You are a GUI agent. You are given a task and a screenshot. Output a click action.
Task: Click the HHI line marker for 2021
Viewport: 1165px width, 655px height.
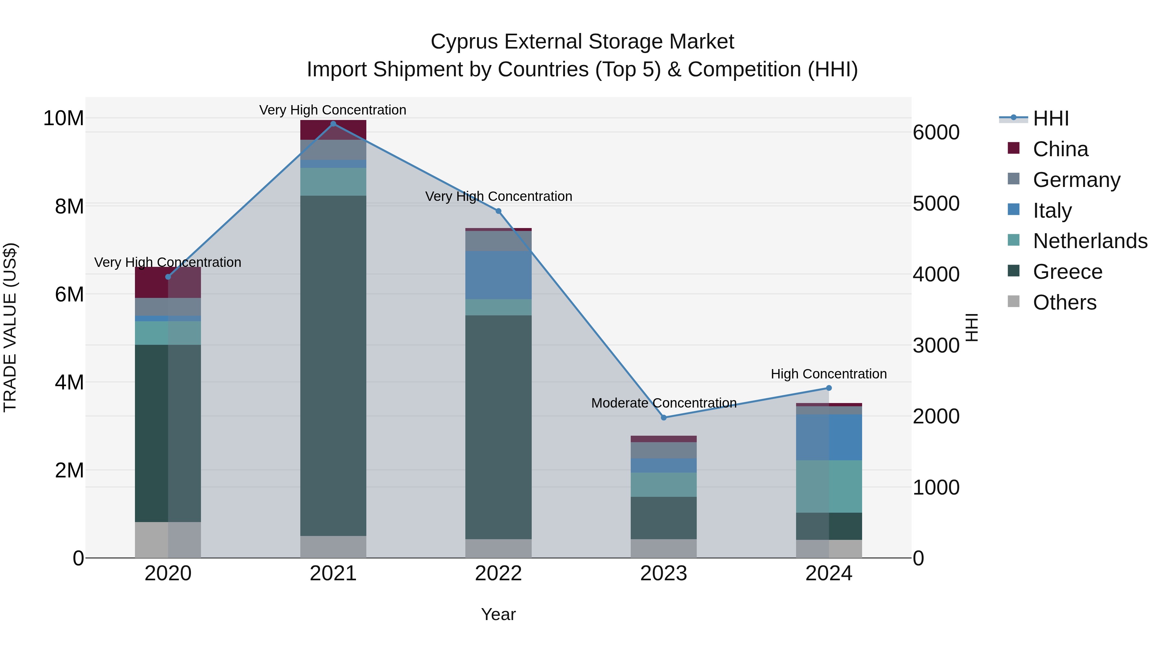333,124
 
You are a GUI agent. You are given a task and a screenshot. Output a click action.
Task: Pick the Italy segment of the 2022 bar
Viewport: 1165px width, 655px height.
498,275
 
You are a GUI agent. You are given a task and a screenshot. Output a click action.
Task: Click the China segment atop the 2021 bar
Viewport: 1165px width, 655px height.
333,130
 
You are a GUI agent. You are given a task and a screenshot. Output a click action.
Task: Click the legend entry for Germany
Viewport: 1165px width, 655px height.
1076,180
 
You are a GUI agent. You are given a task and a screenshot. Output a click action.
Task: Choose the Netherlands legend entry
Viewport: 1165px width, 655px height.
1090,241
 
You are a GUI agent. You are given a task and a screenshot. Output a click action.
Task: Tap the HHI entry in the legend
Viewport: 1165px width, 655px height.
1050,118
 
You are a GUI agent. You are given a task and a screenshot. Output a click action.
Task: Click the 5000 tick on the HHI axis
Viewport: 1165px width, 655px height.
936,203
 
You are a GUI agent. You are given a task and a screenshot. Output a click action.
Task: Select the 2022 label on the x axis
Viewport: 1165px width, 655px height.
498,573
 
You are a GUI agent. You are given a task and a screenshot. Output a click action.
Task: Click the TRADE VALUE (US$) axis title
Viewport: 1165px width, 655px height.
10,327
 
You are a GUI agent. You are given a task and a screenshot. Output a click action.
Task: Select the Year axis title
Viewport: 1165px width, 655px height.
498,614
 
